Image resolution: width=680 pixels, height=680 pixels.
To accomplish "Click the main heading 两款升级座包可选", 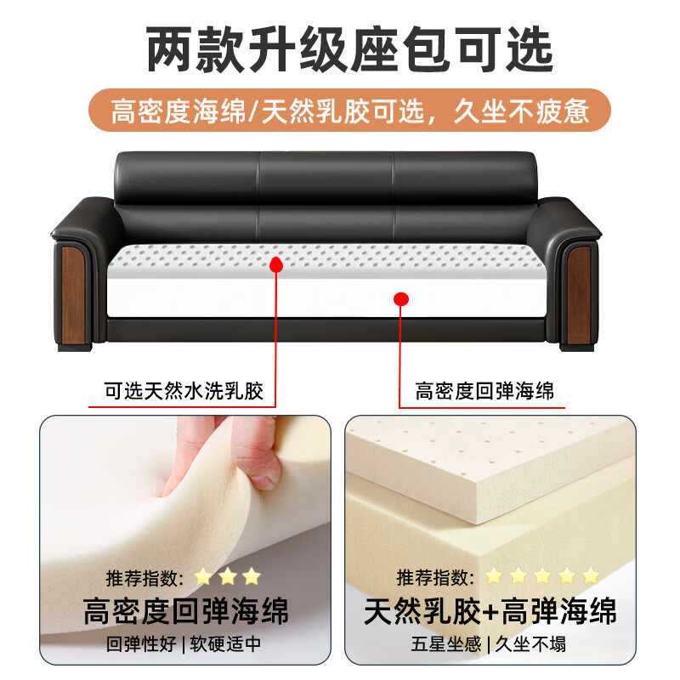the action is [349, 48].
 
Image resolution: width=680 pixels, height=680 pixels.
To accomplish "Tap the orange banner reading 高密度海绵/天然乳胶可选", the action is [349, 110].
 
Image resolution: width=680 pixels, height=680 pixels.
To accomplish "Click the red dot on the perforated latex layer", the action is [276, 264].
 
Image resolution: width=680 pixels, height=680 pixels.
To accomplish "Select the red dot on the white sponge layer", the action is [401, 299].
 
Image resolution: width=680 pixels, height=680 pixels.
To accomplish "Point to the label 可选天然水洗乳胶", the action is [184, 391].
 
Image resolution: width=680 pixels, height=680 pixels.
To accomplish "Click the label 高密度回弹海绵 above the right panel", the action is [484, 391].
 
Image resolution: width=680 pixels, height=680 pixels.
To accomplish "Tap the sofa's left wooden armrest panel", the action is [73, 295].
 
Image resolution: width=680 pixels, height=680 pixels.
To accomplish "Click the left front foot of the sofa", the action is [75, 346].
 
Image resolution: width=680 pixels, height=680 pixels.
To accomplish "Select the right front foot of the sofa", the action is [577, 346].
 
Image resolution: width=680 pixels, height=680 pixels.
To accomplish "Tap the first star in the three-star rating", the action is [203, 577].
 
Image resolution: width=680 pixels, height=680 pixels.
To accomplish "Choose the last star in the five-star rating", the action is [591, 576].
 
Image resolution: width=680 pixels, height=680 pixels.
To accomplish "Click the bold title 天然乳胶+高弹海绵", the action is [490, 611].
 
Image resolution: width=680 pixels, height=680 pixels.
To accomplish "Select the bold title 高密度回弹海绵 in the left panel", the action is [185, 611].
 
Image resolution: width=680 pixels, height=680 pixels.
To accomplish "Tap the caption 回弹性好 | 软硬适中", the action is [184, 644].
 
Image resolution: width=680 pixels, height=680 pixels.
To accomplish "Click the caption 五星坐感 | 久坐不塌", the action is [489, 644].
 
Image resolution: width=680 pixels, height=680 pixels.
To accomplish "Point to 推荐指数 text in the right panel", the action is [435, 577].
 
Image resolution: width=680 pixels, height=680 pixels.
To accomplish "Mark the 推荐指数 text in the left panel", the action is [144, 578].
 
